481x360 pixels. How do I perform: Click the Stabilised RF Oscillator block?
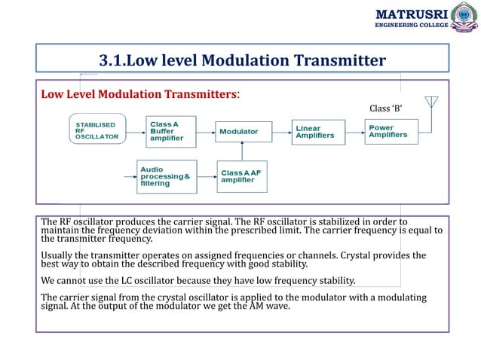tap(97, 131)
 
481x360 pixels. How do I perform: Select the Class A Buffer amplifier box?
tap(172, 131)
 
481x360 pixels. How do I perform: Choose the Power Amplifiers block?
tap(390, 131)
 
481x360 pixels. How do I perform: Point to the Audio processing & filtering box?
tap(166, 177)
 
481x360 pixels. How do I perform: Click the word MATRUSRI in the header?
tap(411, 13)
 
